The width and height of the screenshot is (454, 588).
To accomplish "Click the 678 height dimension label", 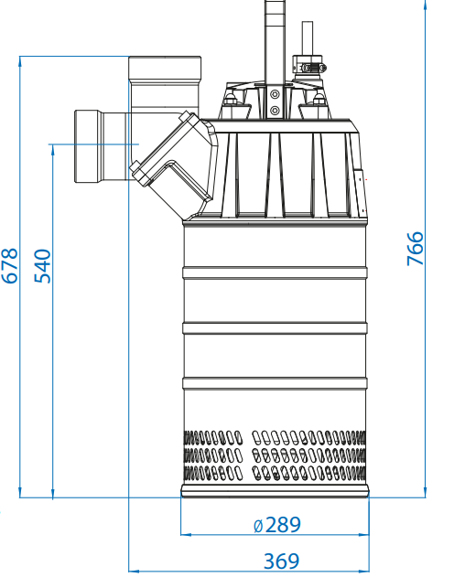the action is [x=10, y=265].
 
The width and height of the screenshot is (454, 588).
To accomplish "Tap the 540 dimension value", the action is [x=42, y=266].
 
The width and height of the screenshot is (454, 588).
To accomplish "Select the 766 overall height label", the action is [x=415, y=249].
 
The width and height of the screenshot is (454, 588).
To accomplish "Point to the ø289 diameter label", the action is [x=277, y=525].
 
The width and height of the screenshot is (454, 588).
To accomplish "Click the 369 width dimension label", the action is [x=281, y=561].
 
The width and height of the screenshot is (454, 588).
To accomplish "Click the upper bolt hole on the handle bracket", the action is [x=275, y=94].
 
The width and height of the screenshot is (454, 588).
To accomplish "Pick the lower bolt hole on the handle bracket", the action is [x=275, y=111].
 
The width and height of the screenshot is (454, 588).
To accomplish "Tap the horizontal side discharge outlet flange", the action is [x=87, y=146].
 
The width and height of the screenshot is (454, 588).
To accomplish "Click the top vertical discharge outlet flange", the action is [x=165, y=68].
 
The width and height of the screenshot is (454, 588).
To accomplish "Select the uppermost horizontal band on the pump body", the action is [x=275, y=273].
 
